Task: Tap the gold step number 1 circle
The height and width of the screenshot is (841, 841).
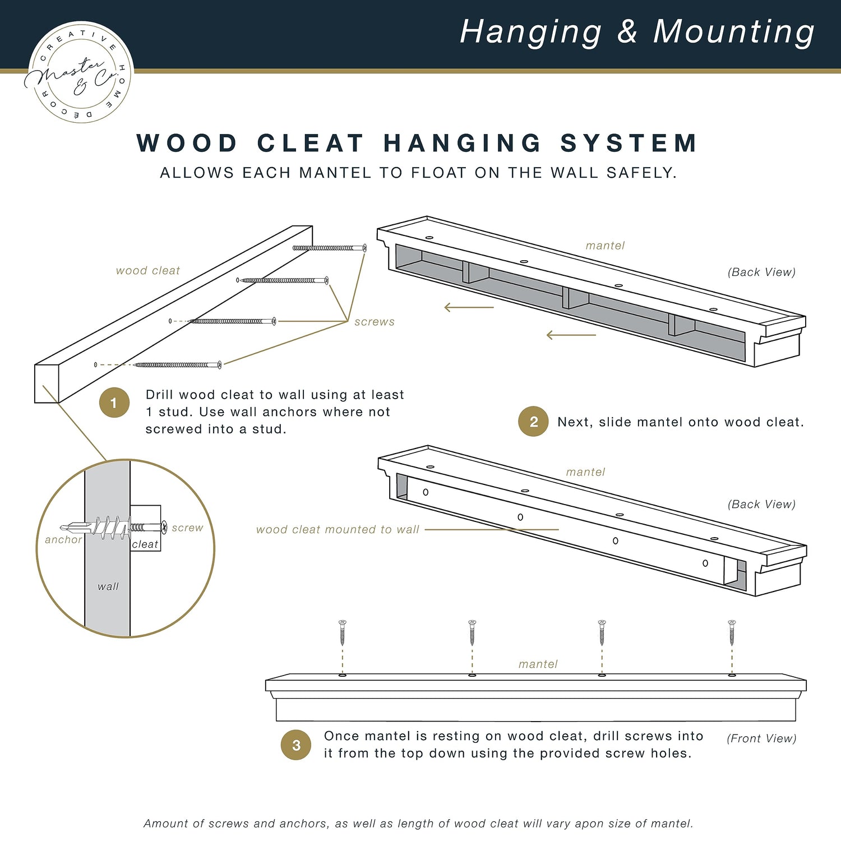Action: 114,403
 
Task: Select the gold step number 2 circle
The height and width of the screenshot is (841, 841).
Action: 533,422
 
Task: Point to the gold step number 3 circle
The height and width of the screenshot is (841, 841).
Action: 296,745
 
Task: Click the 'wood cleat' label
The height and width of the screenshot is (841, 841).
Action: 148,271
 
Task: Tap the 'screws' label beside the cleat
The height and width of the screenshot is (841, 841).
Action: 375,322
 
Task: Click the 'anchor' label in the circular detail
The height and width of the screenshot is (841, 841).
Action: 63,539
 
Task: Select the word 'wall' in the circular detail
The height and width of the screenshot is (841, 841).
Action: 108,586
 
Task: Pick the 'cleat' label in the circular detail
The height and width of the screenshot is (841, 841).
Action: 145,544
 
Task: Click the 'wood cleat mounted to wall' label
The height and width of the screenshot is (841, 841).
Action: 338,529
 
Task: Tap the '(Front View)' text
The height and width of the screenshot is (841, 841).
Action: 761,738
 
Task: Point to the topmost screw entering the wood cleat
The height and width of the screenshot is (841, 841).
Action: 330,248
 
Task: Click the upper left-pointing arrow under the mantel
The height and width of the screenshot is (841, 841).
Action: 469,307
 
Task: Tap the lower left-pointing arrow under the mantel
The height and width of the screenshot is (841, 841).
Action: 571,335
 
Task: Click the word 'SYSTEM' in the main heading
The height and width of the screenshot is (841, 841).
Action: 629,143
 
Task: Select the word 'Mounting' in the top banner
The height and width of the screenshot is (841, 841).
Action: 733,32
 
